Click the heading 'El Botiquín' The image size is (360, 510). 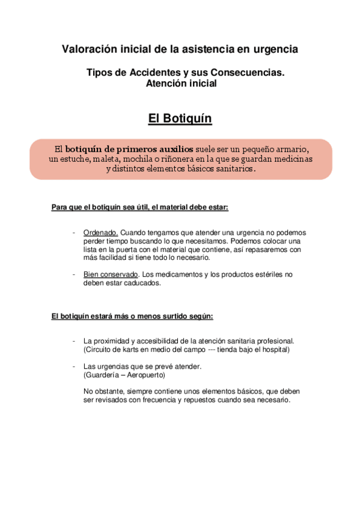click(x=180, y=118)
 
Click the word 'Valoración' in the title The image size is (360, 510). click(x=88, y=48)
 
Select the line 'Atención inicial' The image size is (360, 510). click(x=181, y=84)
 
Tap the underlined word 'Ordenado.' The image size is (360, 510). click(x=101, y=232)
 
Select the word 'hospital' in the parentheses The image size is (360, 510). click(x=273, y=349)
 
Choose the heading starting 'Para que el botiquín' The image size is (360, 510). click(x=140, y=207)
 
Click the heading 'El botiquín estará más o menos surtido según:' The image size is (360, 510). click(x=132, y=316)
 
